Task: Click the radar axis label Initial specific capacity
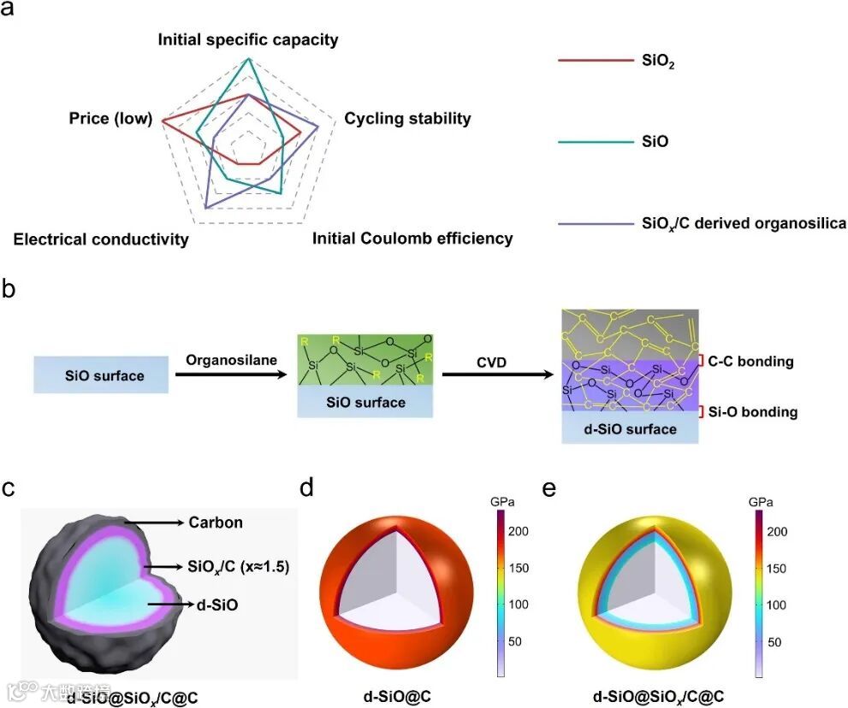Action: pyautogui.click(x=248, y=40)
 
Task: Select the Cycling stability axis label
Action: pyautogui.click(x=407, y=119)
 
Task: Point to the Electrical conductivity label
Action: pyautogui.click(x=101, y=239)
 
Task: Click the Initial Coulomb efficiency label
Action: pyautogui.click(x=412, y=239)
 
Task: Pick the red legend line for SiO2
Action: pyautogui.click(x=595, y=61)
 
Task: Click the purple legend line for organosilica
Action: pyautogui.click(x=595, y=224)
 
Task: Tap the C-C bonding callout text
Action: pyautogui.click(x=750, y=362)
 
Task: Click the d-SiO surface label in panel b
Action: pyautogui.click(x=630, y=429)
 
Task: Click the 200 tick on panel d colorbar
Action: pyautogui.click(x=519, y=532)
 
